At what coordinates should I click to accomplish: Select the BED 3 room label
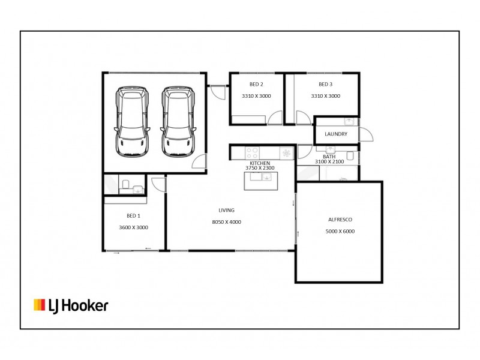(325, 84)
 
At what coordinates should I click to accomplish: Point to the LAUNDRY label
(335, 134)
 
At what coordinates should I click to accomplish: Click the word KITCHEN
(260, 163)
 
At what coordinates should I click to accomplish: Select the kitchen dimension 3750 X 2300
(260, 169)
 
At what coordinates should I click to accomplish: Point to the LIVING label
(226, 211)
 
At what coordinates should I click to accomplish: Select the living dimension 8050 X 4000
(226, 222)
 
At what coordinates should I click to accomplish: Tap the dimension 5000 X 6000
(339, 231)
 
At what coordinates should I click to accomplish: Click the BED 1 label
(133, 215)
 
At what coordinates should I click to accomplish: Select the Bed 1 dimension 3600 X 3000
(133, 227)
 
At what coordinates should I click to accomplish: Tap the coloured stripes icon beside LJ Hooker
(40, 305)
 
